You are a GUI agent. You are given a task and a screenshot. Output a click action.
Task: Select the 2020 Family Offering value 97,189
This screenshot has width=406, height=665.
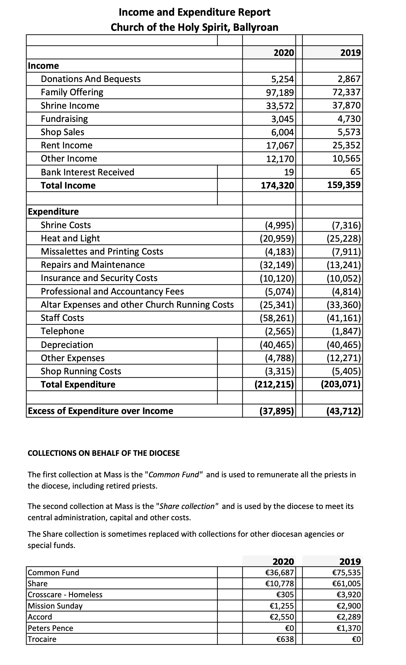point(280,92)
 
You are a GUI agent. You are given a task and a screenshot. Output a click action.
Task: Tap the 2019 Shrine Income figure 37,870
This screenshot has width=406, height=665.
point(346,105)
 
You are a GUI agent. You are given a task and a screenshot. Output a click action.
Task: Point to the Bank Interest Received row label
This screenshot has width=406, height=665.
point(87,172)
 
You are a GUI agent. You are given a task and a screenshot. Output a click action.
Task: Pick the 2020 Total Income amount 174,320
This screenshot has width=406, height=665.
point(277,185)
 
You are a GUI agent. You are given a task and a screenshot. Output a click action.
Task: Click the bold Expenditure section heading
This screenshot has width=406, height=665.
point(53,211)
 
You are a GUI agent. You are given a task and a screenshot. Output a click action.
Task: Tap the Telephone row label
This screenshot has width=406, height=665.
point(63,331)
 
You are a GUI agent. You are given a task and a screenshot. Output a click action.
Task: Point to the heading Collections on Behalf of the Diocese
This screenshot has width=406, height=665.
point(104,453)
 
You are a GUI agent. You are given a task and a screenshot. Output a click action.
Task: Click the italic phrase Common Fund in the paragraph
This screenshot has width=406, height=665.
point(174,475)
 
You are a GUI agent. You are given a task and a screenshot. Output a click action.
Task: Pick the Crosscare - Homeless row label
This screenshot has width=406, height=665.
point(65,595)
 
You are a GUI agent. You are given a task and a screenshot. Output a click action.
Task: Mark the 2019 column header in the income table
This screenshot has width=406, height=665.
point(350,53)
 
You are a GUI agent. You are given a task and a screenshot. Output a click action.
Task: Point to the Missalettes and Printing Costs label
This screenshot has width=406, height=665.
point(102,251)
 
